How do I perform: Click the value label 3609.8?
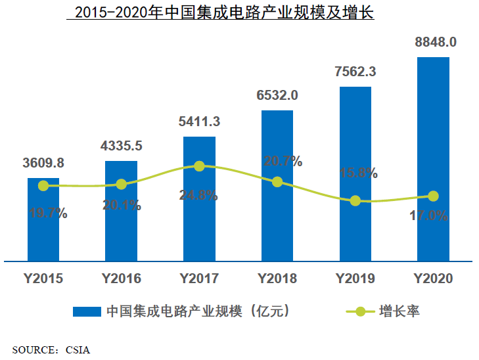tap(43, 163)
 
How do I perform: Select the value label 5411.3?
tap(199, 122)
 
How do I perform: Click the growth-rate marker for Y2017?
tap(199, 166)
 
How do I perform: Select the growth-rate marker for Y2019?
tap(355, 201)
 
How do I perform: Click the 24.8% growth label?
tap(199, 194)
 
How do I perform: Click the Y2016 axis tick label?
tap(122, 279)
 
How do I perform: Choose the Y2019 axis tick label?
tap(355, 279)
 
